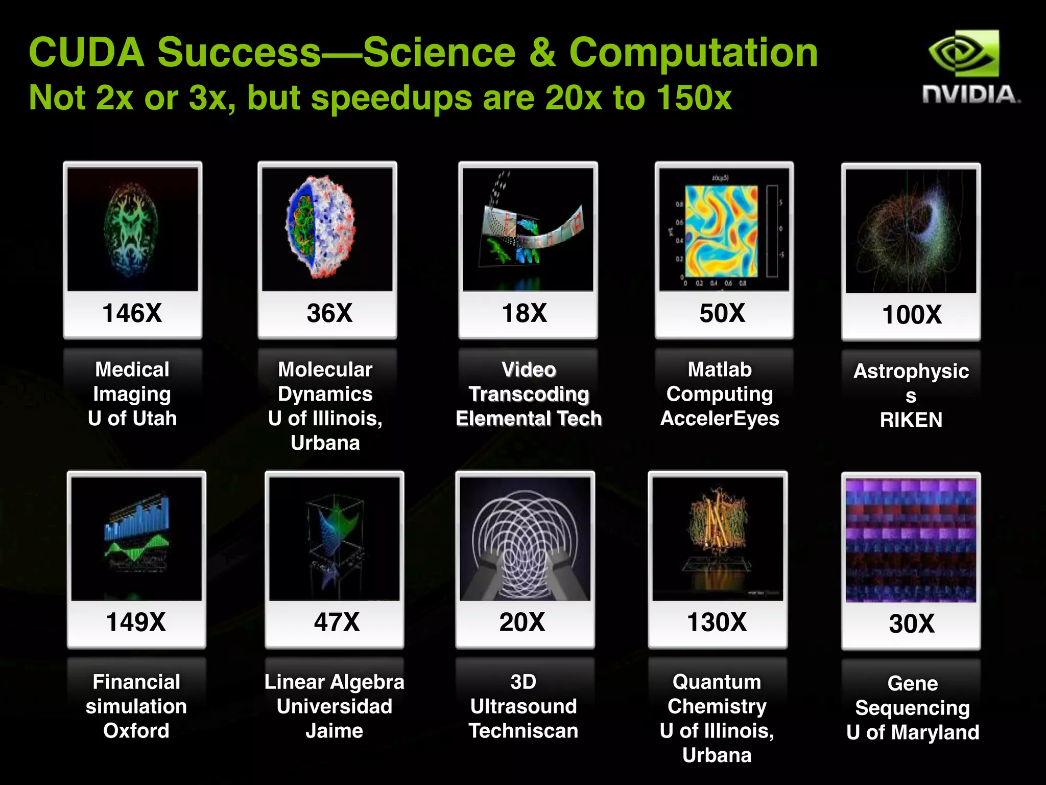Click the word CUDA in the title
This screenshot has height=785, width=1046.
point(87,52)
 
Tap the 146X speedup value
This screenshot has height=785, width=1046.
point(132,313)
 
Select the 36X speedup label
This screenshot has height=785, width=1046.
point(329,313)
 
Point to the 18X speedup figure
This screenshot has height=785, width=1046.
point(525,313)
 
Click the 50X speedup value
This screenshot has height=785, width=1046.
point(722,313)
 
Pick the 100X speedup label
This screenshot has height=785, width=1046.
point(912,314)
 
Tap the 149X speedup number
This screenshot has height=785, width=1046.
point(136,622)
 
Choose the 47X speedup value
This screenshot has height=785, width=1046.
point(337,622)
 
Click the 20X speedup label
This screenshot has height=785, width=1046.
point(522,622)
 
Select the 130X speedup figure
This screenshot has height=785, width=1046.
point(717,622)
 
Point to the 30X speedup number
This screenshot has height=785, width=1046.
point(912,624)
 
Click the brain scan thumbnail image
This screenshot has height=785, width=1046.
point(132,229)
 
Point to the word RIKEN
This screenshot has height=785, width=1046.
point(911,420)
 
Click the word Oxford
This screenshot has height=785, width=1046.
point(136,730)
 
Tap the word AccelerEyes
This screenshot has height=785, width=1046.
point(720,418)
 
